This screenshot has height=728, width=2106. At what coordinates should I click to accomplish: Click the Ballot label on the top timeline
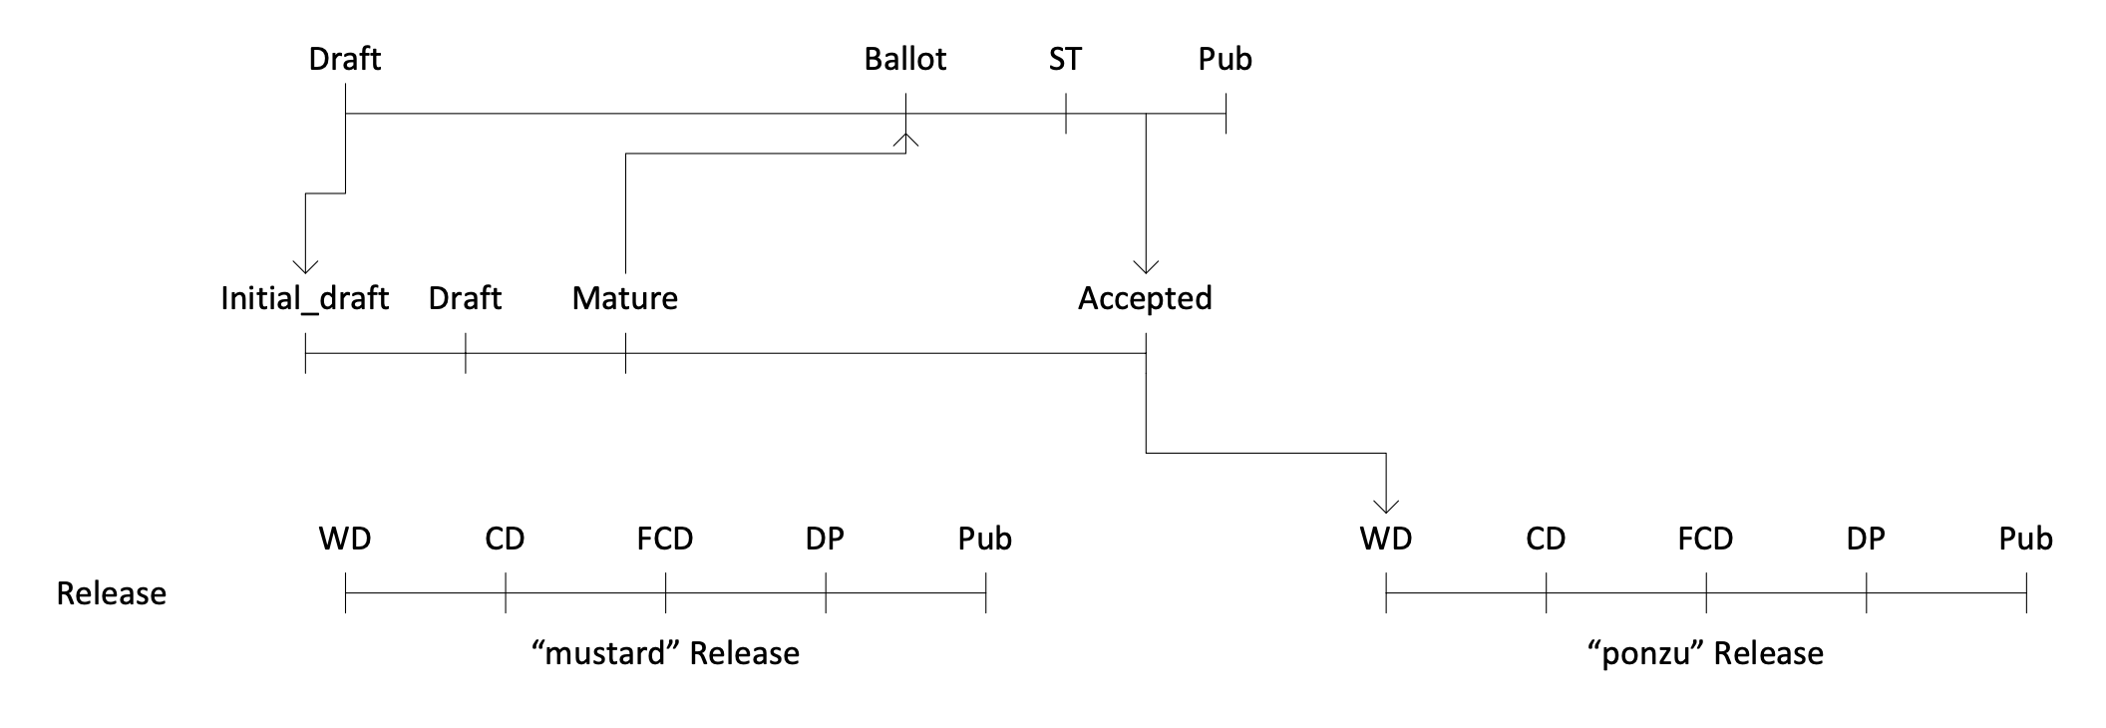tap(904, 60)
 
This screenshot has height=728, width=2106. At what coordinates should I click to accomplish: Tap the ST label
tap(1065, 60)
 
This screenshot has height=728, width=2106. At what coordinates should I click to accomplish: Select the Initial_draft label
tap(304, 299)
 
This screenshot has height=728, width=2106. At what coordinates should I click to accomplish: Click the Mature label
tap(624, 299)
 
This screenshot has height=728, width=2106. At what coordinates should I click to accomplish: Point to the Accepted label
tap(1145, 299)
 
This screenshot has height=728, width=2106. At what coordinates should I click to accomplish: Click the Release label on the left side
tap(111, 593)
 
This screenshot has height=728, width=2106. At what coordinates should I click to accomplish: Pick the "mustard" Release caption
tap(666, 654)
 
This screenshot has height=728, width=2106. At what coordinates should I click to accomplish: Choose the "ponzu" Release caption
tap(1705, 654)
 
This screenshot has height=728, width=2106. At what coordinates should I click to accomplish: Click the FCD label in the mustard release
tap(665, 540)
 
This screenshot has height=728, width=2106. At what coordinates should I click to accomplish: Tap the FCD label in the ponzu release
tap(1705, 540)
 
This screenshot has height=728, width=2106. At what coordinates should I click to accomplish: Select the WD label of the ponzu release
tap(1385, 540)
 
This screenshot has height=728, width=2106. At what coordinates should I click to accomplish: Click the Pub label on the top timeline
tap(1225, 60)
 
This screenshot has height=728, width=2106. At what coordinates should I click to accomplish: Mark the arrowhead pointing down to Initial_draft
tap(305, 266)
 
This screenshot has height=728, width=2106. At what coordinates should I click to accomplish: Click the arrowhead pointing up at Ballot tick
tap(905, 139)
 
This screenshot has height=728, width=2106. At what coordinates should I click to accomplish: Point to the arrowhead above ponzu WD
tap(1386, 506)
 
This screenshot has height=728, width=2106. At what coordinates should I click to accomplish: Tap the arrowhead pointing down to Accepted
tap(1146, 266)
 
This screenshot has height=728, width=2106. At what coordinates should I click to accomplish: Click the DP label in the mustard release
tap(825, 540)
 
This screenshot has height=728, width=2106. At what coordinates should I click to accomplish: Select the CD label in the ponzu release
tap(1546, 540)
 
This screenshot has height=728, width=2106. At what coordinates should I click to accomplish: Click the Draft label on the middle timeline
tap(465, 299)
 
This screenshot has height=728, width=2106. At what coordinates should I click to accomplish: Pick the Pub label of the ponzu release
tap(2025, 540)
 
